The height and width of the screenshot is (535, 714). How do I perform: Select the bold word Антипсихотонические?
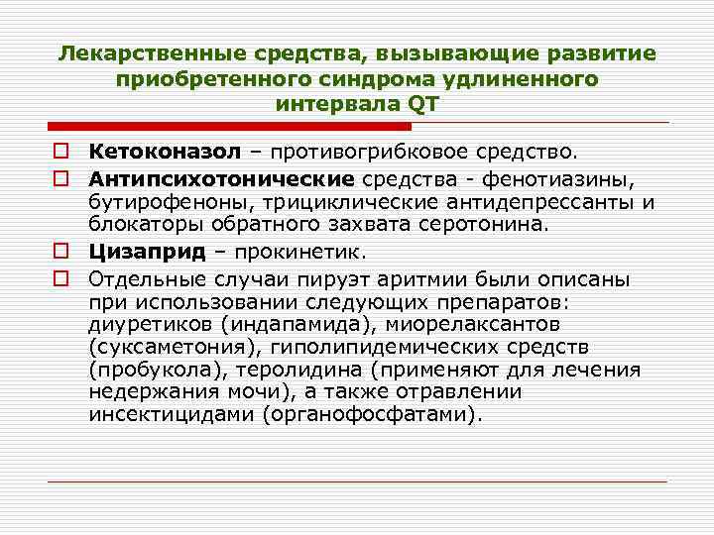tap(220, 178)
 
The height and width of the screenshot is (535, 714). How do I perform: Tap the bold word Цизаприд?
tap(147, 251)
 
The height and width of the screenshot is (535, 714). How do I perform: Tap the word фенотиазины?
tap(576, 178)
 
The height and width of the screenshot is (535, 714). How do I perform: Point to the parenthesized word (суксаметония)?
tap(162, 347)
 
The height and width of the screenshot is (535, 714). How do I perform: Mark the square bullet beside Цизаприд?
tap(61, 251)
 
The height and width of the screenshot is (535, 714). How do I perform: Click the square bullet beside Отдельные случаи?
tap(61, 275)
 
